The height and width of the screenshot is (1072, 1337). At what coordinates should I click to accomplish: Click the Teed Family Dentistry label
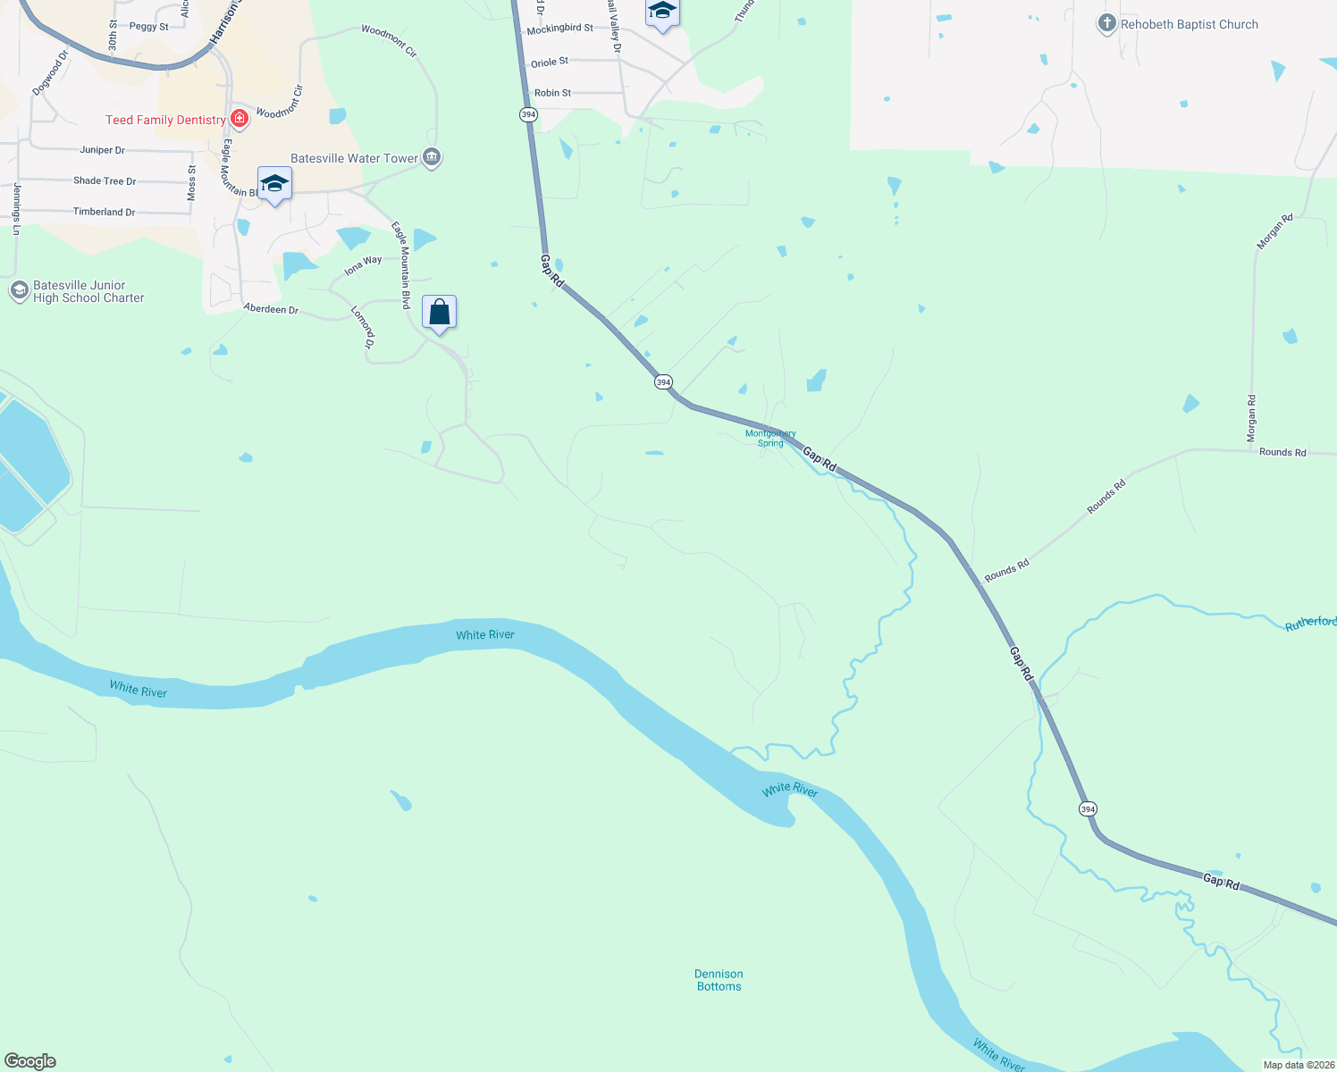tap(165, 120)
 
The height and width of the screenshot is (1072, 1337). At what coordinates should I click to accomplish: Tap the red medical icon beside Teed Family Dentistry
tap(239, 119)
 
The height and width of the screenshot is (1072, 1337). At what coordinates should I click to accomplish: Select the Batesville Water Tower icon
tap(432, 158)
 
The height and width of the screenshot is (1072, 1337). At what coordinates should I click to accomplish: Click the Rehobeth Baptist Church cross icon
tap(1107, 24)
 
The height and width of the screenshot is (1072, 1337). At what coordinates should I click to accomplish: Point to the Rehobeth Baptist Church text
tap(1189, 25)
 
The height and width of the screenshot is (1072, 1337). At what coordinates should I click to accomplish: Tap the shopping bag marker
tap(439, 313)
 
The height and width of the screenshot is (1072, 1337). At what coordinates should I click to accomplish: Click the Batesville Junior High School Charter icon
tap(19, 291)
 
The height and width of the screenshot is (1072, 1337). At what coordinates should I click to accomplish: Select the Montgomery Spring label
tap(770, 438)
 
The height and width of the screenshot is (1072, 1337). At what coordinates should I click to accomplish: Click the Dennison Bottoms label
tap(719, 980)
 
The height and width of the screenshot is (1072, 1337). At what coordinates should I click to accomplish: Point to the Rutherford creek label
tap(1310, 623)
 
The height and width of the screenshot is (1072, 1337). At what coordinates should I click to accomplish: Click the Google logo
tap(30, 1061)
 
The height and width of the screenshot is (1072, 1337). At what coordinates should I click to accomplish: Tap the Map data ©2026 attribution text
tap(1299, 1065)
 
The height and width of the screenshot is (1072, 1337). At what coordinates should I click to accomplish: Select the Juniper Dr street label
tap(102, 150)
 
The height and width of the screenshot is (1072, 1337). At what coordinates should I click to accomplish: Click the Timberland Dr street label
tap(104, 212)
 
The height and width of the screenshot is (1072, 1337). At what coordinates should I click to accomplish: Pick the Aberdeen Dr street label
tap(271, 309)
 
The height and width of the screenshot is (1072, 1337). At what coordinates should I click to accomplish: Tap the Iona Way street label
tap(363, 265)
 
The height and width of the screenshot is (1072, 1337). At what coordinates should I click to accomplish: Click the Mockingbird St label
tap(559, 29)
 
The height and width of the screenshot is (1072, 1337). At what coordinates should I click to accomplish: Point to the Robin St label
tap(552, 93)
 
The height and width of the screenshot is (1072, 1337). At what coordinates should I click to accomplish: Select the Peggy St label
tap(148, 27)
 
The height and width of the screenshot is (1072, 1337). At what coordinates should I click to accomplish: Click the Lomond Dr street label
tap(362, 326)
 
